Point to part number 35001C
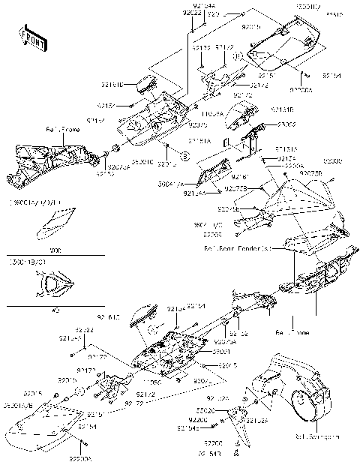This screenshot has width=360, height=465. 142,160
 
